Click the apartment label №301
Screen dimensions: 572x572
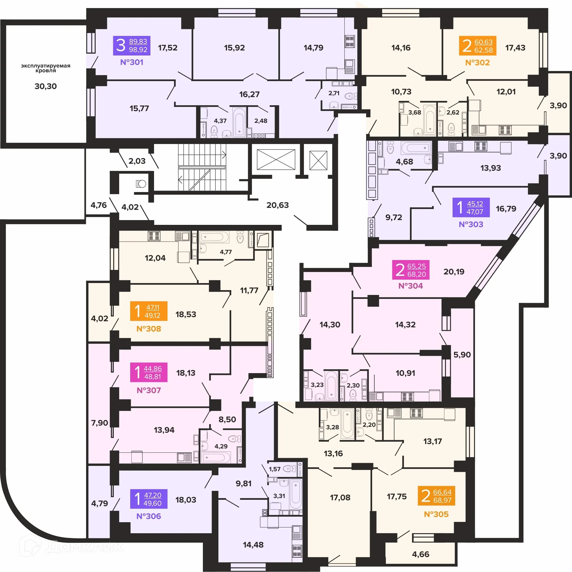click(132, 62)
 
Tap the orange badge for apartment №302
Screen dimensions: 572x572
click(478, 46)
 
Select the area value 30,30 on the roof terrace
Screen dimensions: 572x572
click(46, 86)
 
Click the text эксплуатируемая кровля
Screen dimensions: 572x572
click(46, 68)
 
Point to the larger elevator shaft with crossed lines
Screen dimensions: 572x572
click(276, 160)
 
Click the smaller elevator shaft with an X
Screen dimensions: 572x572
click(318, 160)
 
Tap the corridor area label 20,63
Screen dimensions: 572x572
click(277, 205)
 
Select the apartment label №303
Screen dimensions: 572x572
click(471, 224)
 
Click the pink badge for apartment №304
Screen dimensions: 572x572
click(411, 270)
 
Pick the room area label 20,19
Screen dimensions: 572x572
click(454, 271)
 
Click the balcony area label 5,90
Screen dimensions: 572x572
click(462, 355)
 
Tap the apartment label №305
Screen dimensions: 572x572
click(436, 514)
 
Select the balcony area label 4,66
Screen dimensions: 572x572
click(420, 554)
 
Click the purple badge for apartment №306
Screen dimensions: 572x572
click(149, 499)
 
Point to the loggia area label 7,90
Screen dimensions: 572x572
click(100, 423)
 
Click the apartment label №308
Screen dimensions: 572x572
click(149, 329)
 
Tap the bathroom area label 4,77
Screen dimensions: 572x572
click(226, 252)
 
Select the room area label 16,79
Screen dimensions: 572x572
click(506, 208)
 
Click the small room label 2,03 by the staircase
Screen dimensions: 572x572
click(137, 161)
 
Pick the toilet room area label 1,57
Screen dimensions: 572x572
click(274, 469)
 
